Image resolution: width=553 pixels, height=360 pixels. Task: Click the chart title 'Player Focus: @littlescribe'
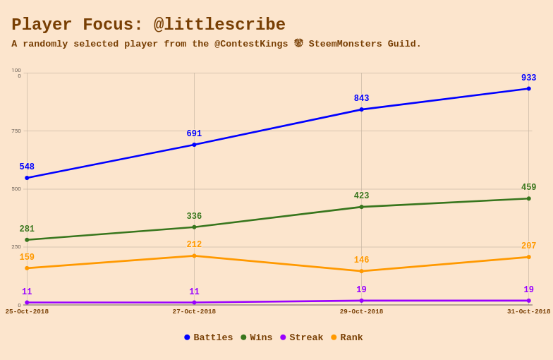[148, 25]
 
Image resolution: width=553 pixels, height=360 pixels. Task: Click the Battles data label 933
[529, 78]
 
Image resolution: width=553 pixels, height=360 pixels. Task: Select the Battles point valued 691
[194, 145]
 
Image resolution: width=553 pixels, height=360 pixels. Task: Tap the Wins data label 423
[361, 196]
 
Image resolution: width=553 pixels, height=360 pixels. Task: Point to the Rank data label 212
[194, 245]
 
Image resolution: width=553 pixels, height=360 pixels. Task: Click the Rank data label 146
[361, 260]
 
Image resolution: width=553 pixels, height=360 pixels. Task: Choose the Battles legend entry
[208, 338]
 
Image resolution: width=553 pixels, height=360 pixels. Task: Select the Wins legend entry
[256, 338]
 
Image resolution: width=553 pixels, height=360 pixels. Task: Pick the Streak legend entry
[301, 338]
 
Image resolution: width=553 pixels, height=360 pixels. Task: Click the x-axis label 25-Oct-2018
[27, 312]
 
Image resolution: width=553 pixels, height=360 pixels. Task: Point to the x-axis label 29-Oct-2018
[361, 312]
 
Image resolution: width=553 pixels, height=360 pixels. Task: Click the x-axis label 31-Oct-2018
[528, 312]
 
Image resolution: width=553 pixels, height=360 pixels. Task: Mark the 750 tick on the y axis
[16, 131]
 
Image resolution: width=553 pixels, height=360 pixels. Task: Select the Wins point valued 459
[528, 198]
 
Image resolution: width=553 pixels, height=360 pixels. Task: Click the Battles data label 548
[27, 167]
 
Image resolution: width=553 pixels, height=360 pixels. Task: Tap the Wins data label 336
[194, 217]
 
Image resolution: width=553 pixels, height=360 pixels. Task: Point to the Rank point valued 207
[528, 257]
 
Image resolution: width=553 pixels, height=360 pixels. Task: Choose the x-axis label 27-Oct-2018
[194, 312]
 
